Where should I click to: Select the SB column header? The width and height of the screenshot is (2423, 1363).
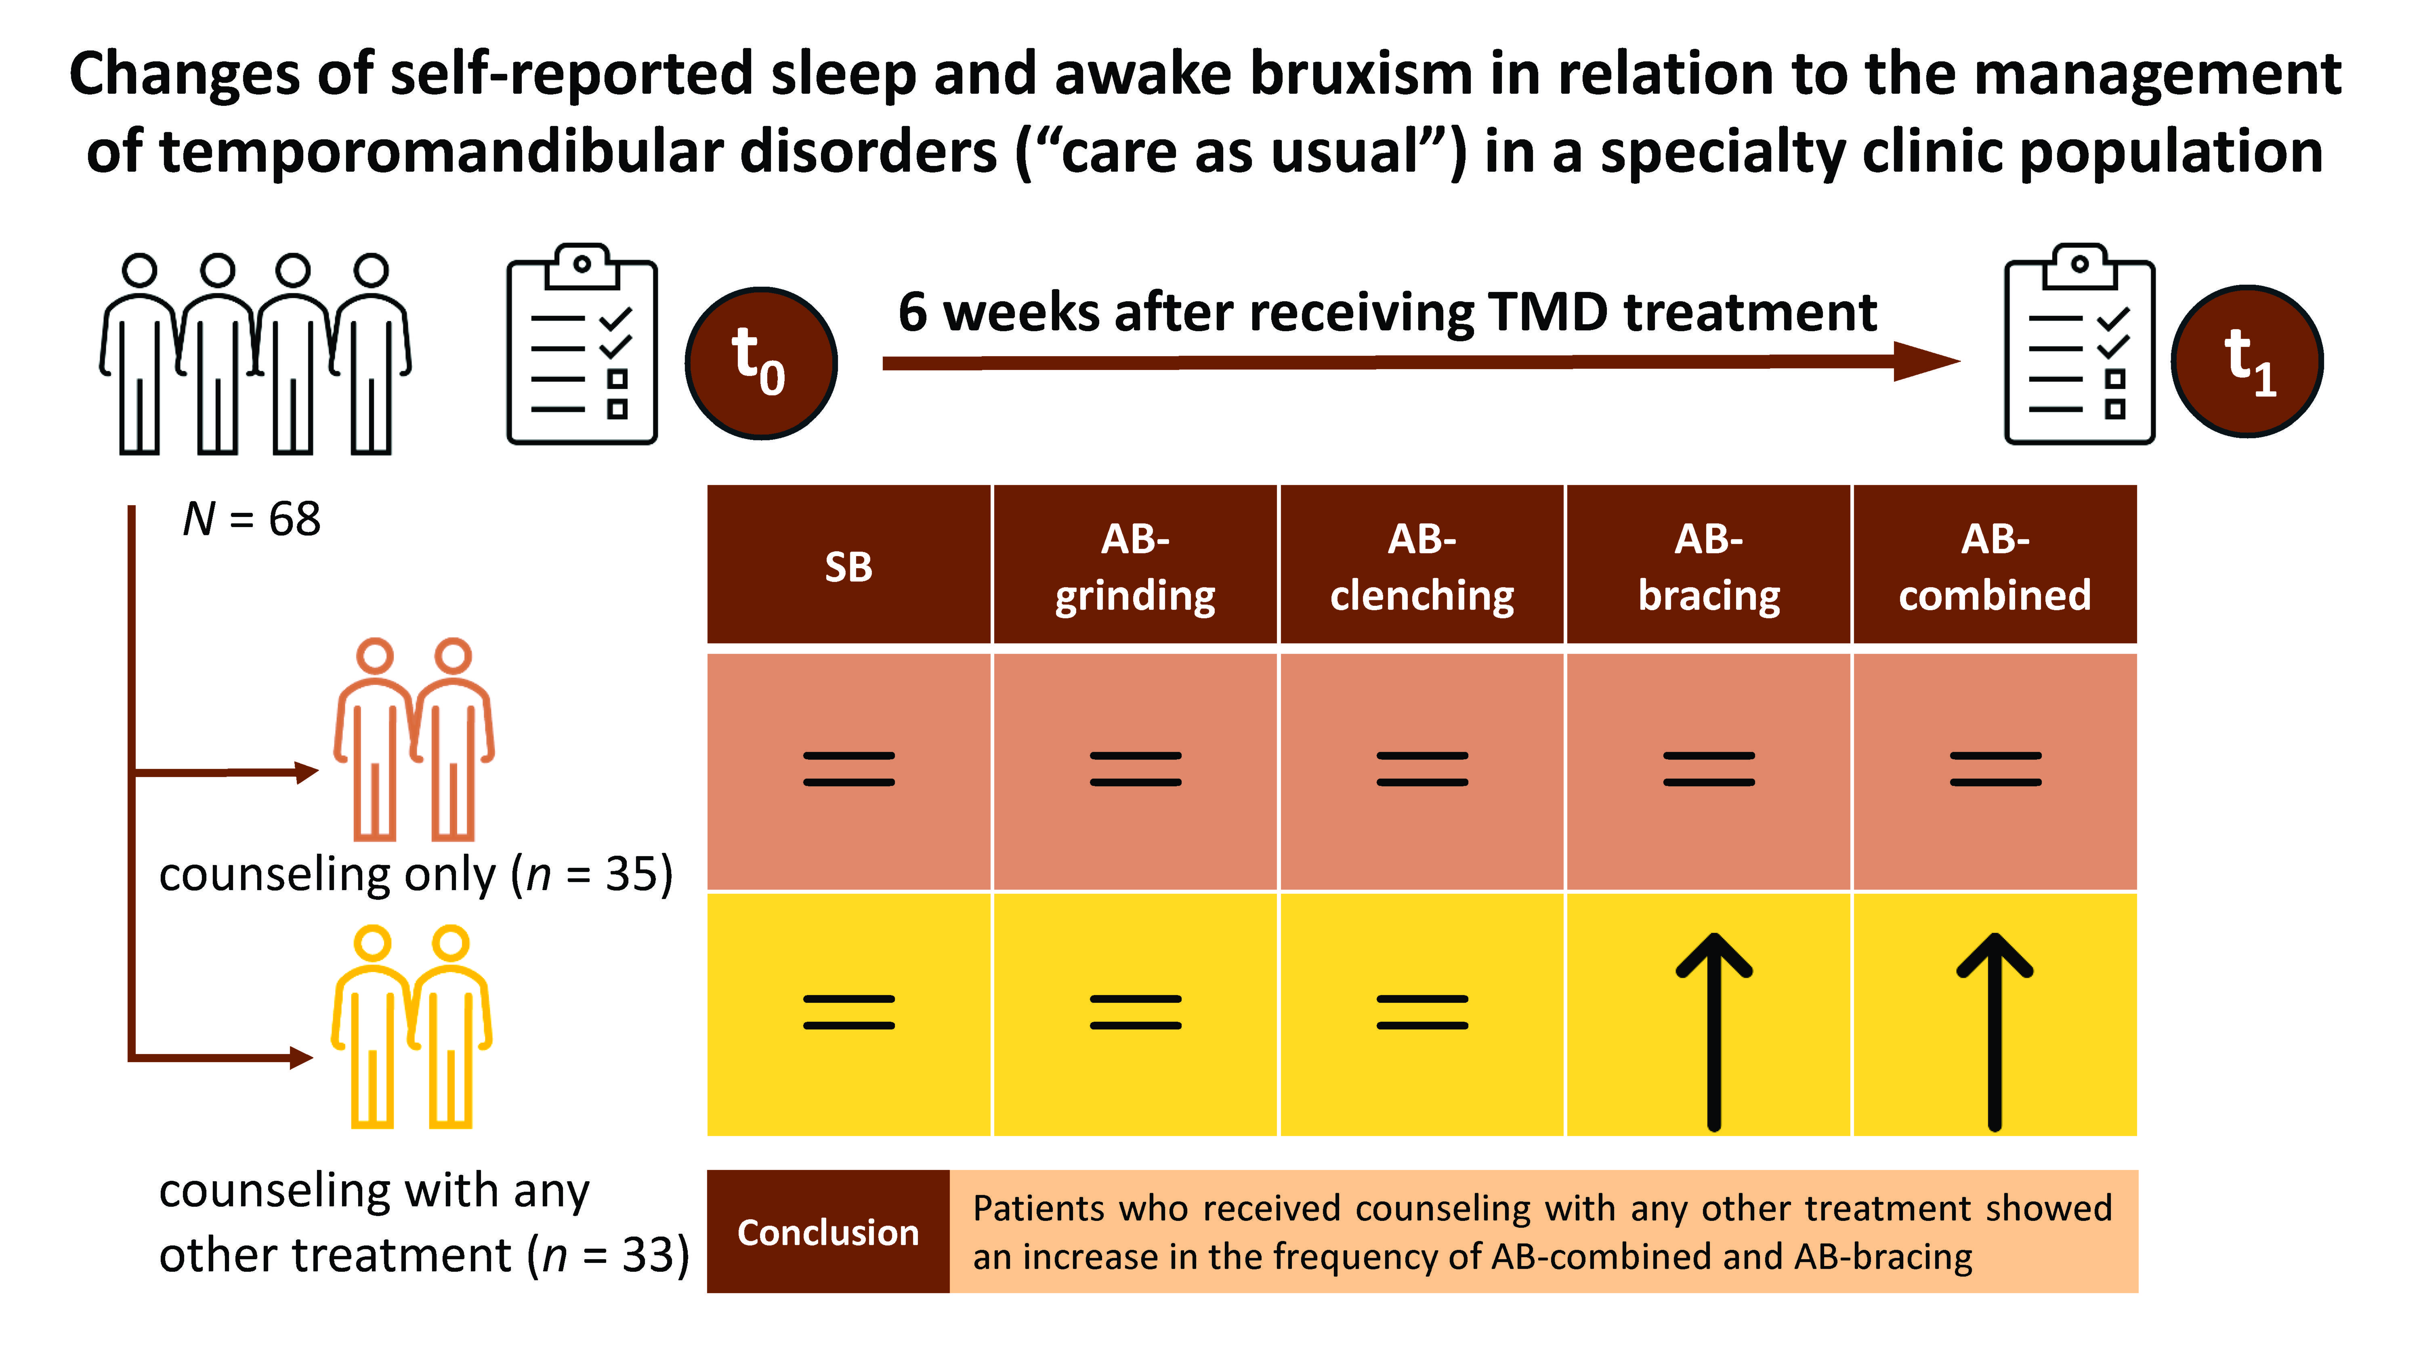[848, 565]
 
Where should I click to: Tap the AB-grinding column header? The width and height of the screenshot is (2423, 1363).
[1134, 565]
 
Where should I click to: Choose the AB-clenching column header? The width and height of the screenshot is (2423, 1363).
[1421, 565]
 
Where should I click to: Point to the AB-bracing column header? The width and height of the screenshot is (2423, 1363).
[1708, 565]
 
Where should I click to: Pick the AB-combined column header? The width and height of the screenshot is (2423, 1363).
[1994, 565]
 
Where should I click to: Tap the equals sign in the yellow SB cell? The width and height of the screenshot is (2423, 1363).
[848, 1012]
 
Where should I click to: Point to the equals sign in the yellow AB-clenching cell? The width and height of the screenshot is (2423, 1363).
[1421, 1012]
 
